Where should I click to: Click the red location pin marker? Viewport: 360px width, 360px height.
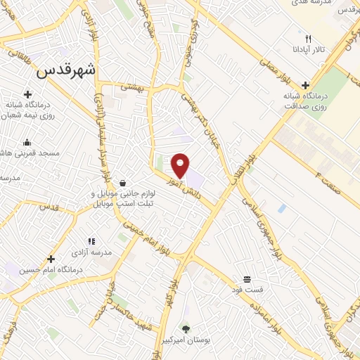pos(181,165)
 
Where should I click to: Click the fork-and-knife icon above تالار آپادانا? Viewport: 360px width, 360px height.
pos(308,39)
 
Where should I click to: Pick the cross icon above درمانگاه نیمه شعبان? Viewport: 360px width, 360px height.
pos(27,94)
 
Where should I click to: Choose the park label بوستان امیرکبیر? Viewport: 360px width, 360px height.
pos(186,339)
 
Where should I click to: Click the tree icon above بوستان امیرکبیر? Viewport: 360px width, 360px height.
pos(186,328)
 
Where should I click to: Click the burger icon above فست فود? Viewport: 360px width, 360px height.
pos(247,278)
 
